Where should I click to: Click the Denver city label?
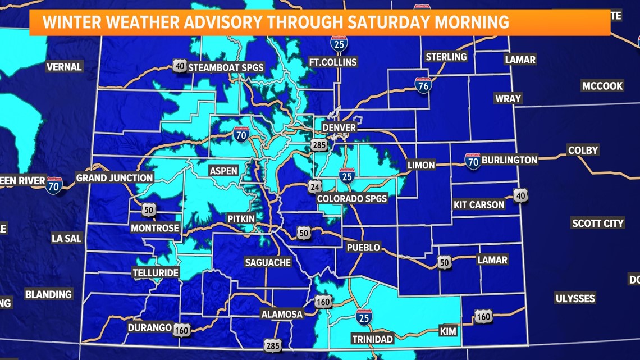pos(339,127)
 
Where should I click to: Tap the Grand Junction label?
pos(115,178)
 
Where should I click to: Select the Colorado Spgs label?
pos(352,199)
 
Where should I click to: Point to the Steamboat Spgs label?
pos(226,67)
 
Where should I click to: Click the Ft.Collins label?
pos(333,62)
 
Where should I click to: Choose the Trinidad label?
pos(372,339)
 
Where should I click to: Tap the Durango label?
pos(149,327)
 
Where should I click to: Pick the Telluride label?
pos(156,274)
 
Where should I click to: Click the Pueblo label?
pos(363,247)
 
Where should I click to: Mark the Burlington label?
pos(509,160)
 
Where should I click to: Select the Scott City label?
pos(597,223)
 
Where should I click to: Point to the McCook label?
pos(602,86)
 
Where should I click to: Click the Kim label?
pos(448,331)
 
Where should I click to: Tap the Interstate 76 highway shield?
pos(423,85)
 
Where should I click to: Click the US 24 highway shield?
pos(314,186)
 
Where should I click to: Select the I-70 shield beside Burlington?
pos(473,161)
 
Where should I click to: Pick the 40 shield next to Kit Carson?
pos(520,195)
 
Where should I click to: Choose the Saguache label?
pos(268,262)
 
